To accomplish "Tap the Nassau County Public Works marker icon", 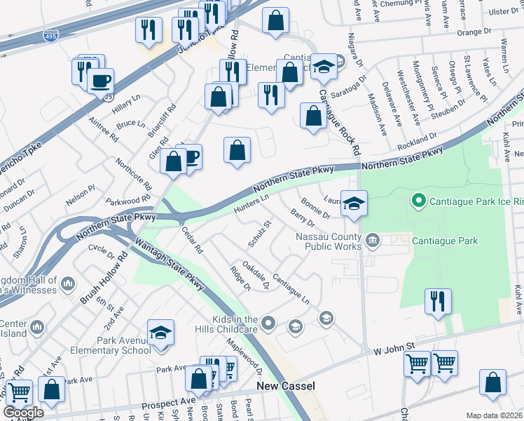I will pyautogui.click(x=373, y=241).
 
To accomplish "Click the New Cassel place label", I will pyautogui.click(x=285, y=386).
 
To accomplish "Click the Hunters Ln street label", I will pyautogui.click(x=252, y=204).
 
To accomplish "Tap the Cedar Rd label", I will pyautogui.click(x=191, y=239).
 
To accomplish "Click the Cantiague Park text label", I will pyautogui.click(x=446, y=241).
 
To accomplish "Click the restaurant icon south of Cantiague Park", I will pyautogui.click(x=439, y=301).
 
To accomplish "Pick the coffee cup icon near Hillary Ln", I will pyautogui.click(x=100, y=80).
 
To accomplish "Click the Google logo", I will pyautogui.click(x=23, y=412).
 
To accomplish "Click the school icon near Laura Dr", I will pyautogui.click(x=354, y=203).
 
